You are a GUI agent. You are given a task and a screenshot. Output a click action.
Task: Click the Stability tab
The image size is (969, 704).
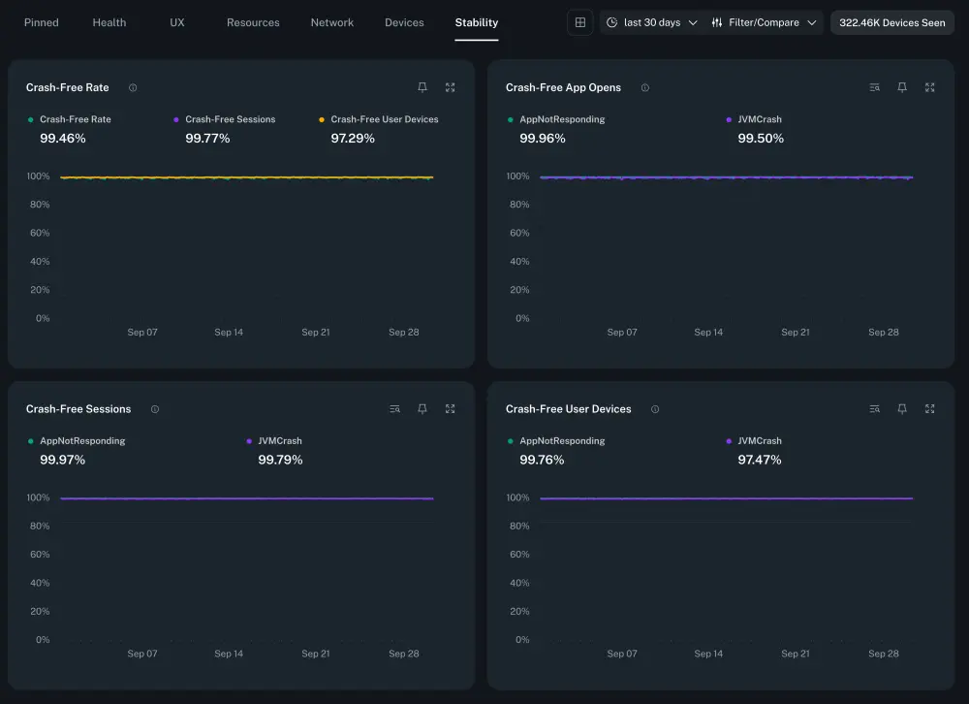476,22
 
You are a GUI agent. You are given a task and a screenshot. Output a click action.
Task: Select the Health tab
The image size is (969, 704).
109,22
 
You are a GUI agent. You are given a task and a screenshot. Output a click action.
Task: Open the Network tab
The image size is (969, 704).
332,22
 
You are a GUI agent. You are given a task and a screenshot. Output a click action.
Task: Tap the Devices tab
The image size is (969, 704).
404,22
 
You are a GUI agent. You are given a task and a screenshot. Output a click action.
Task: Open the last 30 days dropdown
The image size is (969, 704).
651,22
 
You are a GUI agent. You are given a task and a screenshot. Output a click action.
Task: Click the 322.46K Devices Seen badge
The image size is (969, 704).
891,22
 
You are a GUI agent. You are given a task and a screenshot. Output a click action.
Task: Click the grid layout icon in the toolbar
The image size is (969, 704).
579,22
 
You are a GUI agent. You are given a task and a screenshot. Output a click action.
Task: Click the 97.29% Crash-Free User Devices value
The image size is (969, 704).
353,139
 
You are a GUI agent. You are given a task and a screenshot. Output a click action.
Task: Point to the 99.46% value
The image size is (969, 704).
63,139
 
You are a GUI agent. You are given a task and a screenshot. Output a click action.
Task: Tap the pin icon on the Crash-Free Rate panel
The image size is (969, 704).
422,87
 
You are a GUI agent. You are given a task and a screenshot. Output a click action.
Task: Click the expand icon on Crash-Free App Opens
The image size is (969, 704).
929,87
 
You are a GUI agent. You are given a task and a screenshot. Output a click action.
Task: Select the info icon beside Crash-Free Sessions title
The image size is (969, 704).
155,409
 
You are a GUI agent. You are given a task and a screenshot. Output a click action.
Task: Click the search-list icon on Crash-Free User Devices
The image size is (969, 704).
875,409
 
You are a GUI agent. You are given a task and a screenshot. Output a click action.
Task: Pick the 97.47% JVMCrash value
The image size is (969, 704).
760,460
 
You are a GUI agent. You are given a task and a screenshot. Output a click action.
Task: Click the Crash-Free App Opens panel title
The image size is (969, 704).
563,87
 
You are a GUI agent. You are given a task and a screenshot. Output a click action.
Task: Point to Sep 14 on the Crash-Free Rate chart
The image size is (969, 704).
229,333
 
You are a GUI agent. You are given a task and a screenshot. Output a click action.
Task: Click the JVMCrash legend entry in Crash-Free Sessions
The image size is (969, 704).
279,441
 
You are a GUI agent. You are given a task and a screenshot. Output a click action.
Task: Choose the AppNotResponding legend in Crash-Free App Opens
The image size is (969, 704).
562,119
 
